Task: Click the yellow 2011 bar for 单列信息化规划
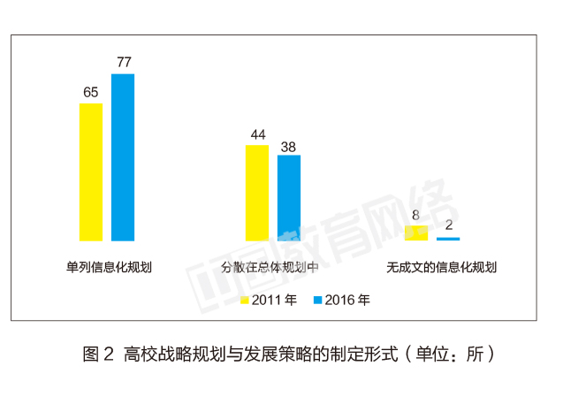[x=91, y=172]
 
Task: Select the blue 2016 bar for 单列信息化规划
[x=123, y=156]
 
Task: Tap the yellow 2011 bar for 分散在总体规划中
[x=257, y=193]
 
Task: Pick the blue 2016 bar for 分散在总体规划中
[x=289, y=198]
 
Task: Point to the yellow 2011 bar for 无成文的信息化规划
[x=416, y=232]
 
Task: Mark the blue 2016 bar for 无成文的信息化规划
[x=448, y=239]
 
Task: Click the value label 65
[x=91, y=92]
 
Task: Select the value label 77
[x=123, y=63]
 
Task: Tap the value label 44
[x=257, y=134]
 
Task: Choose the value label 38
[x=289, y=146]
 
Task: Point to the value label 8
[x=416, y=215]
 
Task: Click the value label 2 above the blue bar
[x=448, y=225]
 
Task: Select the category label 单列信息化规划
[x=109, y=266]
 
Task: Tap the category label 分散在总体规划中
[x=273, y=266]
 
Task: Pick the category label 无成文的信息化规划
[x=433, y=266]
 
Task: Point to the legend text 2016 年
[x=347, y=300]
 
